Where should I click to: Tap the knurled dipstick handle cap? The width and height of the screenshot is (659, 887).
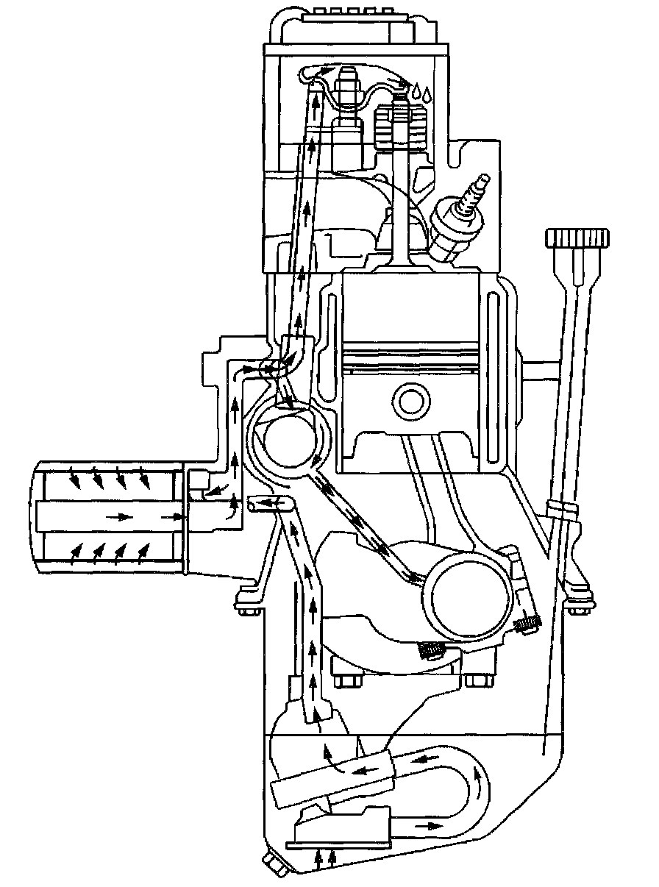[x=577, y=238]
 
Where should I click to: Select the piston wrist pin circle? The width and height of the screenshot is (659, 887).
[x=410, y=401]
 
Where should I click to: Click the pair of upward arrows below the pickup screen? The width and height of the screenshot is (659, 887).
[x=327, y=855]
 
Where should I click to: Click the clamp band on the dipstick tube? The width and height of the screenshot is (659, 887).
[x=563, y=509]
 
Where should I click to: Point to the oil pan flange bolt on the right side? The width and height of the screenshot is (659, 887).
[x=578, y=608]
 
